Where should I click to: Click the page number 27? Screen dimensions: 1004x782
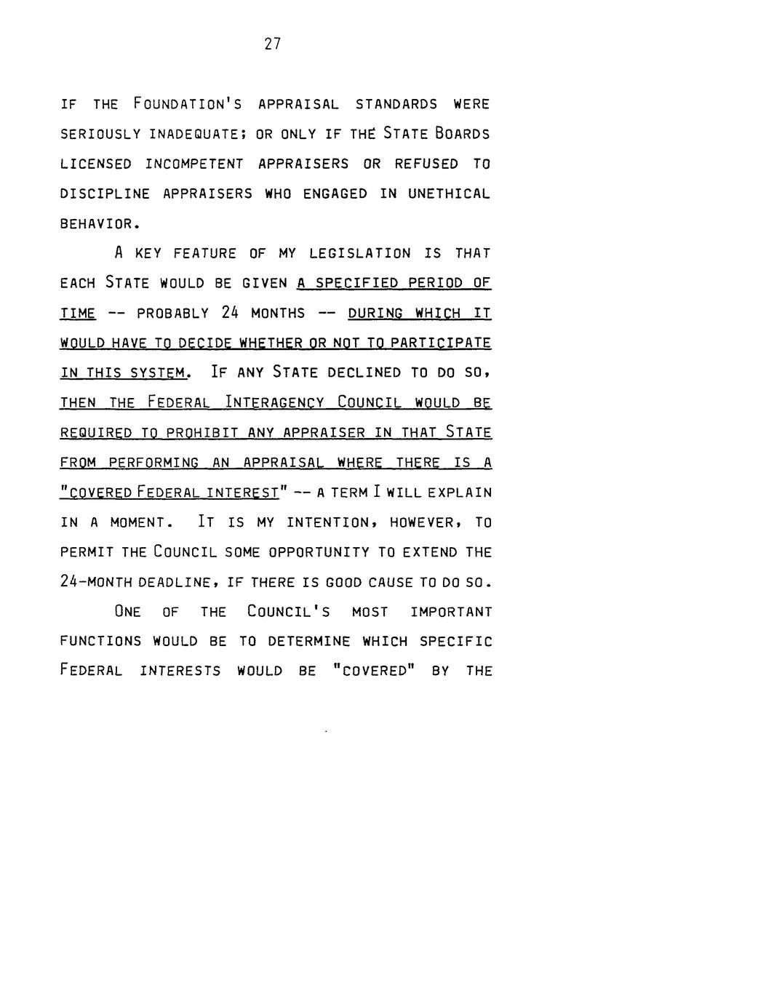(273, 44)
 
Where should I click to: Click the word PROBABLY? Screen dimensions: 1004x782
(173, 313)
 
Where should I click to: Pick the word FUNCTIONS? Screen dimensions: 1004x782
(100, 642)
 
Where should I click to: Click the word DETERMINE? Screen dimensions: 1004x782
(309, 642)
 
